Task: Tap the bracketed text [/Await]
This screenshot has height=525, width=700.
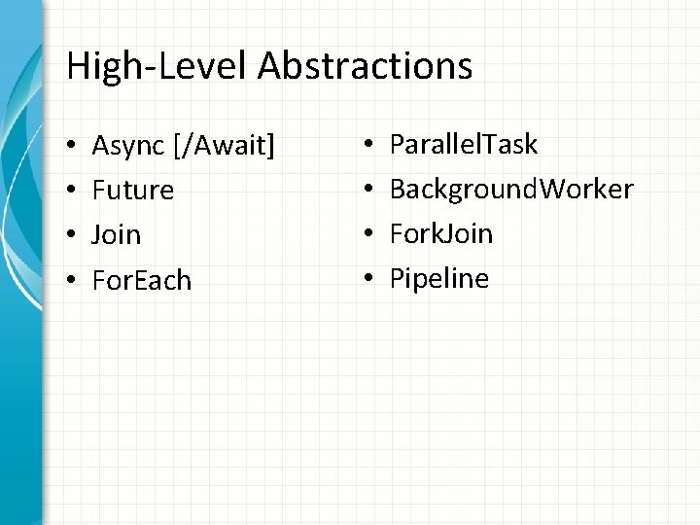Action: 223,146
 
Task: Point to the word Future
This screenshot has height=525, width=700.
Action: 133,190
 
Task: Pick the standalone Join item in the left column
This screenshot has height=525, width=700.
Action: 116,234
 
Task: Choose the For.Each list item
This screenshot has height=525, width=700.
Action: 142,280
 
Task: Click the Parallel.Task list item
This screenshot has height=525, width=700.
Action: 463,145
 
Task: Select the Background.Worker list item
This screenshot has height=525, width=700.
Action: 511,189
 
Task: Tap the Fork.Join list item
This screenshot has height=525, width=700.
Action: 441,233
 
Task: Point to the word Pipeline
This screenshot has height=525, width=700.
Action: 439,279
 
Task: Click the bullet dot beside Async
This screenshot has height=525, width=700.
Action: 73,147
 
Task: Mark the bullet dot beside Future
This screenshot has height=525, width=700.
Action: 73,191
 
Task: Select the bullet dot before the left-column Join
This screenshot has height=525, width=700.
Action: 73,235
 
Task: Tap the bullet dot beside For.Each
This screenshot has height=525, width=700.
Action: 73,281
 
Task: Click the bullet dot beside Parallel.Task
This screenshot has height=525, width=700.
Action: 370,146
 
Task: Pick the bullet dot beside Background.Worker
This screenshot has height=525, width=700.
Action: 370,190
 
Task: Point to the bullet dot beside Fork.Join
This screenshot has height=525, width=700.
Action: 370,234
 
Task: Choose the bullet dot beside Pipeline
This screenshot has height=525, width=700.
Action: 370,280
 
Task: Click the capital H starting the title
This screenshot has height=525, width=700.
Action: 78,66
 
